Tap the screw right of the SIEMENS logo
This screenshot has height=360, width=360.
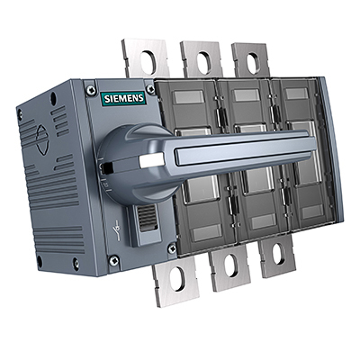pyautogui.click(x=151, y=91)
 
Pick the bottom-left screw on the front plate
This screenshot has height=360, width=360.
pyautogui.click(x=113, y=259)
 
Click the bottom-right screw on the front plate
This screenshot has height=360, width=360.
pyautogui.click(x=172, y=247)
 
